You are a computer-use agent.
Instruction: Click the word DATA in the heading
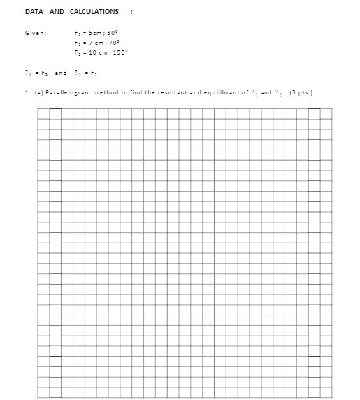click(33, 12)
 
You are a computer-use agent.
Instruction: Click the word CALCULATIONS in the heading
click(94, 12)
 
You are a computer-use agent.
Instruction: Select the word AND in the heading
click(57, 12)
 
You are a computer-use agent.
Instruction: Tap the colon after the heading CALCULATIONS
click(131, 12)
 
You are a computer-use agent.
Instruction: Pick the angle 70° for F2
click(113, 43)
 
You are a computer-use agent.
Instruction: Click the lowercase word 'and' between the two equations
click(61, 73)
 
